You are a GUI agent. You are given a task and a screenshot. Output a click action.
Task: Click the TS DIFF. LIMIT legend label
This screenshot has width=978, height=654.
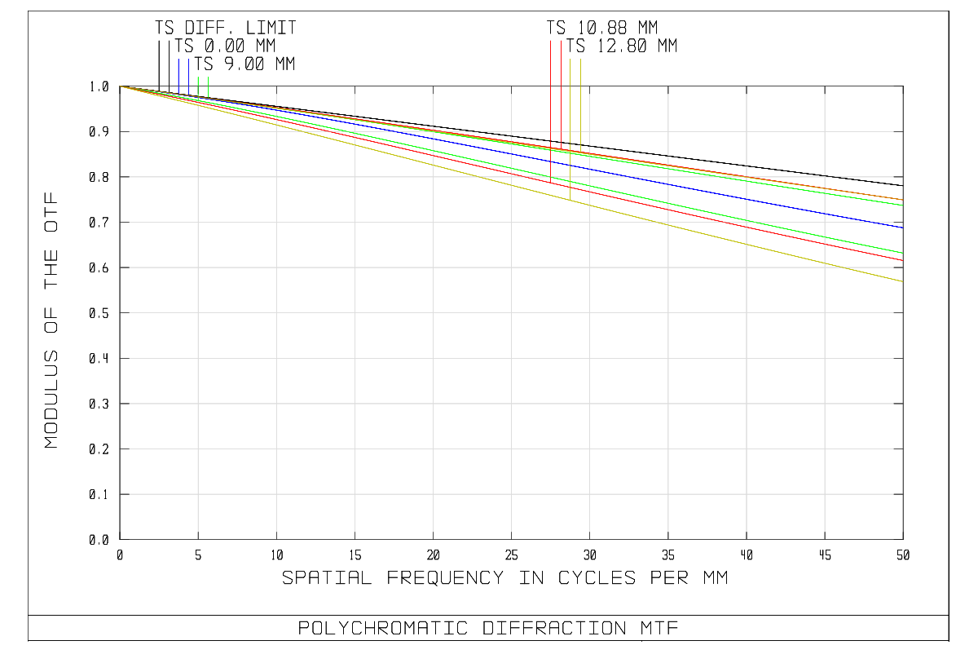click(226, 29)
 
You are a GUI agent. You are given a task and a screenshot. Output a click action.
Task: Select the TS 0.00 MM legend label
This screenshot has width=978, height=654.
click(225, 46)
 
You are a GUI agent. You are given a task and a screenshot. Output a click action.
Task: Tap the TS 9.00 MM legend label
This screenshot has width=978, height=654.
click(244, 64)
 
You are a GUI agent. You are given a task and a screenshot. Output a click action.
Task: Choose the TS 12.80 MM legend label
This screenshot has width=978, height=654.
click(622, 46)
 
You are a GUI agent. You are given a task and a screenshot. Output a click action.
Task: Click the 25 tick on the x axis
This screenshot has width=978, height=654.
click(511, 555)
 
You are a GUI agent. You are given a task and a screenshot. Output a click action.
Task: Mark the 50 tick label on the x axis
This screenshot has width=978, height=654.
click(902, 555)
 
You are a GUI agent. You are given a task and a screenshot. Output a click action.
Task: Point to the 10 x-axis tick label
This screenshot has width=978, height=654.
click(276, 555)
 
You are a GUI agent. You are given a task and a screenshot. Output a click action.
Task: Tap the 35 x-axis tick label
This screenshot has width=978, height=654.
click(667, 555)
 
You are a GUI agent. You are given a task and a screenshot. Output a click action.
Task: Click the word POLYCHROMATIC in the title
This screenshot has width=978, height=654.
click(382, 629)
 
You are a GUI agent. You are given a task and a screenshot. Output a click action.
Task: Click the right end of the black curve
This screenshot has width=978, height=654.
click(902, 186)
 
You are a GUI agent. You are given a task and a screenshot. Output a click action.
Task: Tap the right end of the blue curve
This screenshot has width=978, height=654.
click(902, 228)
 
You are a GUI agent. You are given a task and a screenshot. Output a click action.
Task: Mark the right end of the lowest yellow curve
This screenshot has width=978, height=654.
click(902, 281)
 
